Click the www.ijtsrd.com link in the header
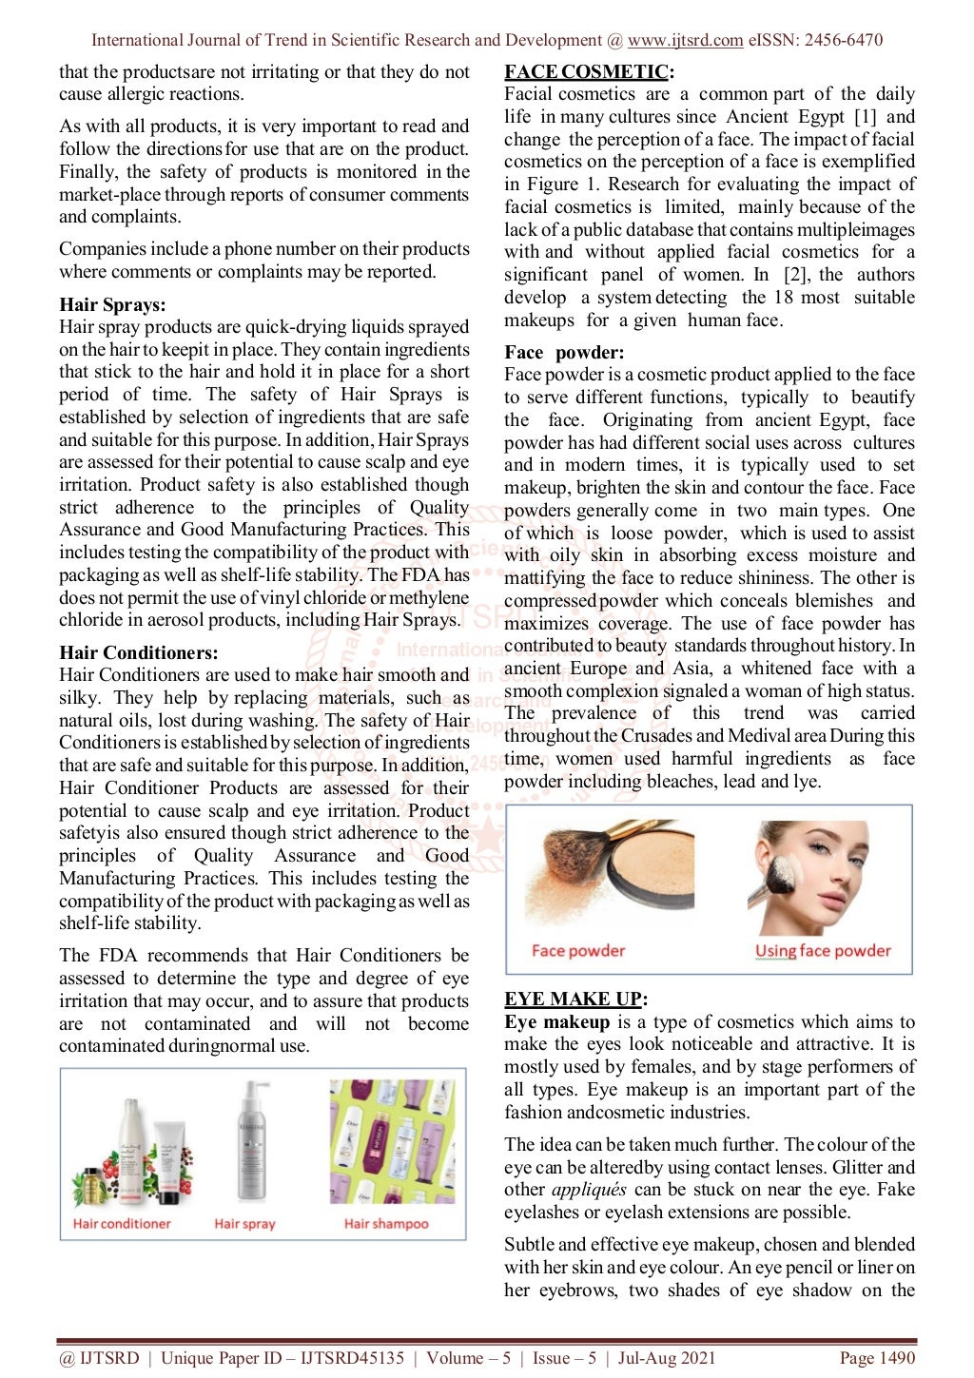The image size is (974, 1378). [685, 40]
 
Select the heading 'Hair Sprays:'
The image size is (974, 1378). [112, 304]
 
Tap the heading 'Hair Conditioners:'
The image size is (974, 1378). [138, 652]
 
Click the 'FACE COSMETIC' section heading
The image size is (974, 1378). [587, 71]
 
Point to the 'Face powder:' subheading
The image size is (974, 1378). [564, 352]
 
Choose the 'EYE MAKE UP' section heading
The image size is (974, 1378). [574, 999]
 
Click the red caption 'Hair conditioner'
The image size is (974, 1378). [122, 1224]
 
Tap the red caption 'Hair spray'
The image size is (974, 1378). [244, 1224]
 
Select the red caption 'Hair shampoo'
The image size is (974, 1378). [386, 1224]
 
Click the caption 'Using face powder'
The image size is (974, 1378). [823, 950]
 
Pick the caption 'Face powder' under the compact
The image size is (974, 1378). [578, 950]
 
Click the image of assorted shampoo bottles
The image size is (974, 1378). [391, 1141]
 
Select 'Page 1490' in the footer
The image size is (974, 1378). [876, 1358]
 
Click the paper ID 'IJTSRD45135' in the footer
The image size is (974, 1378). [352, 1358]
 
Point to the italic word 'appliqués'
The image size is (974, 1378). [589, 1190]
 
